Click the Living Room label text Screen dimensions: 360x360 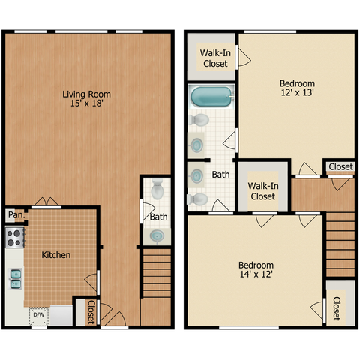(86, 94)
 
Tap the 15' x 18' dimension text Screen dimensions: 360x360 (86, 103)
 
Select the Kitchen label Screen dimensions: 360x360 (56, 255)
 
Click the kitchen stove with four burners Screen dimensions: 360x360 (15, 238)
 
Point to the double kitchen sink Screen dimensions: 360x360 (15, 279)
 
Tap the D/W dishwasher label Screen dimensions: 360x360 (39, 314)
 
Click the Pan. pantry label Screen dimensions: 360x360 (16, 214)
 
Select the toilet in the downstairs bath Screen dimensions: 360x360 (157, 190)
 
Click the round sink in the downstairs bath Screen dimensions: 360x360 (157, 236)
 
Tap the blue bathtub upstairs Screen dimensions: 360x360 (211, 97)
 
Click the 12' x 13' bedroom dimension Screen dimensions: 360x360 (297, 92)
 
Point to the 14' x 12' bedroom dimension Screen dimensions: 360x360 (256, 274)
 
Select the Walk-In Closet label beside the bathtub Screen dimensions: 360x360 (215, 58)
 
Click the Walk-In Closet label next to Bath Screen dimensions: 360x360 (263, 191)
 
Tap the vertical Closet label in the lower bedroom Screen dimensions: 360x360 (337, 308)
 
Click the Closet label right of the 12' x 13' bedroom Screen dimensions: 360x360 (340, 166)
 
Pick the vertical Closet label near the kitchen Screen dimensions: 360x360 (91, 312)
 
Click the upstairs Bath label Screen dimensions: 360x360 (220, 175)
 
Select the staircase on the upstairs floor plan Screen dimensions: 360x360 (340, 244)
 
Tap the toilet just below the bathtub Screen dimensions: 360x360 (199, 120)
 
